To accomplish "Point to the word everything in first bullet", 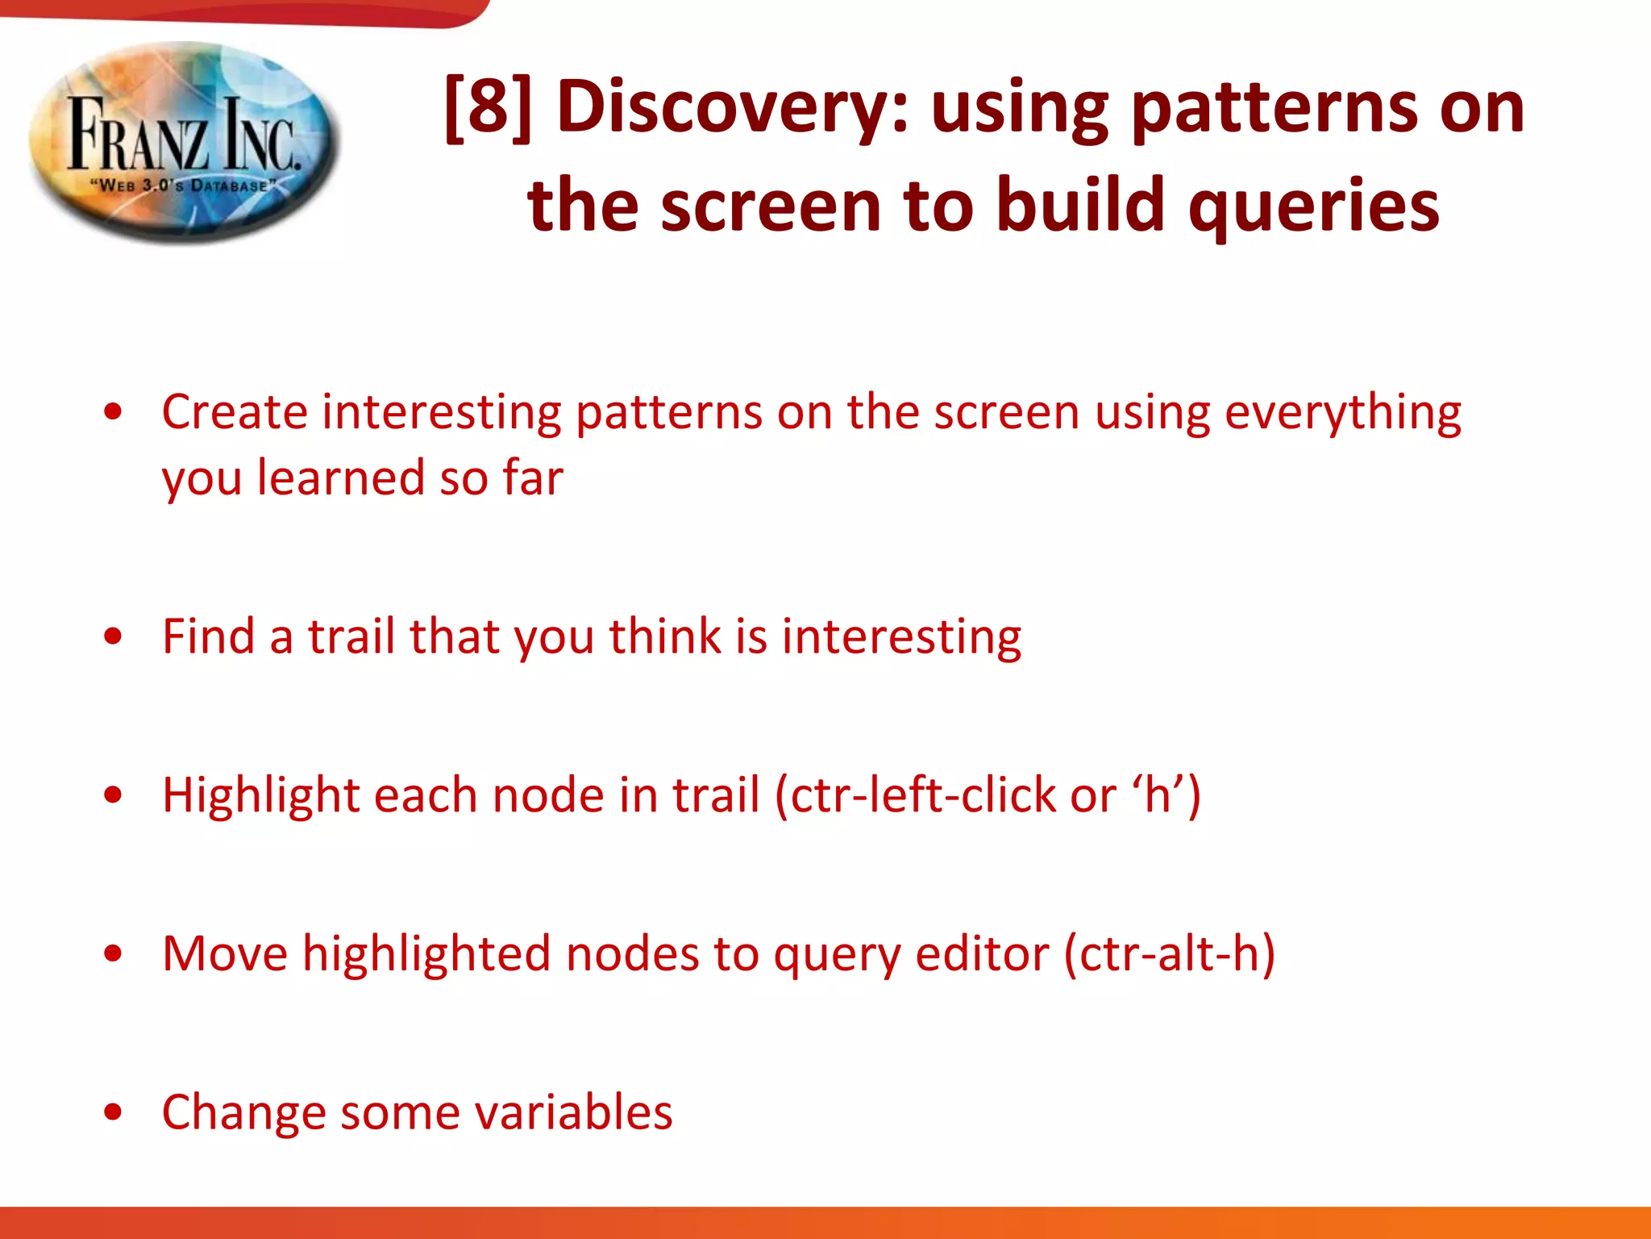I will point(1342,414).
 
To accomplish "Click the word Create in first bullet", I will point(235,412).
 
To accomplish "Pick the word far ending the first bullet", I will point(533,478).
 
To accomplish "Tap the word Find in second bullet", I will point(208,636).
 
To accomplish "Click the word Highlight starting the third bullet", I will point(260,795).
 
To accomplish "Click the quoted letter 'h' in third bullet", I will point(1157,795).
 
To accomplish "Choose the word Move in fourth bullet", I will point(224,953).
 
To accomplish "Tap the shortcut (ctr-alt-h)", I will point(1170,953).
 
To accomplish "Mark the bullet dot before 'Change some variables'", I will point(113,1113).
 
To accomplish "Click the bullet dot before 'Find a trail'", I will point(113,637).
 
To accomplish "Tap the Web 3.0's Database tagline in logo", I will point(183,186).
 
